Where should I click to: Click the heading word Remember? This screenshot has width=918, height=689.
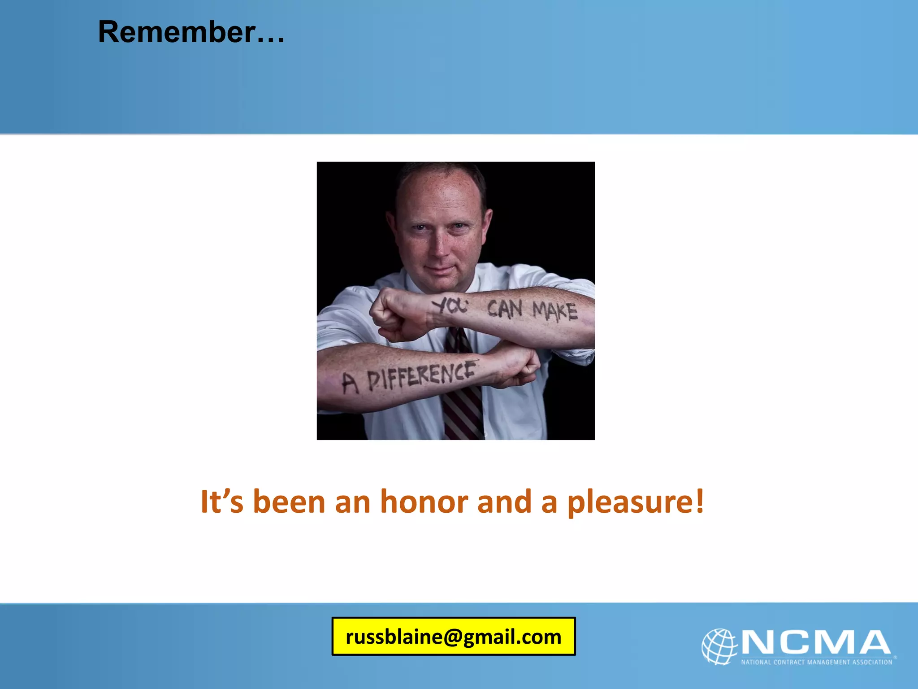coord(177,32)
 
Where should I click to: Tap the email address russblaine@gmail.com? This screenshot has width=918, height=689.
coord(453,637)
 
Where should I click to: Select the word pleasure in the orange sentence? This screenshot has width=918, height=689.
coord(630,502)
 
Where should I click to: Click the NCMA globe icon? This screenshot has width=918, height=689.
coord(719,646)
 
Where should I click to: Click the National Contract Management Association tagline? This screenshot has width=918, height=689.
coord(816,662)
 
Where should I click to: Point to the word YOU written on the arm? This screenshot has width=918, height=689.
coord(450,306)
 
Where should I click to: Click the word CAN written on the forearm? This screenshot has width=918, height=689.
coord(505,309)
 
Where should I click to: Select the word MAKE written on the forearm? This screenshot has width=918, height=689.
coord(554,311)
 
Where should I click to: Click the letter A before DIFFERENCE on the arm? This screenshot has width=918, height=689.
coord(350,384)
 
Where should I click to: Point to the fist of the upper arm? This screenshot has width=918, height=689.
coord(394,314)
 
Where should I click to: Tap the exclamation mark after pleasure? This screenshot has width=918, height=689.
coord(699,501)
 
